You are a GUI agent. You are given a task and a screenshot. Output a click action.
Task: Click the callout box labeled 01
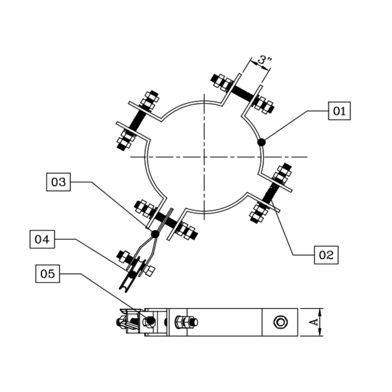(339, 111)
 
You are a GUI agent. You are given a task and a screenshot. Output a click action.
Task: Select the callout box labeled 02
(326, 255)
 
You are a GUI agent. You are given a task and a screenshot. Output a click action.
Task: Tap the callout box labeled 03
(58, 182)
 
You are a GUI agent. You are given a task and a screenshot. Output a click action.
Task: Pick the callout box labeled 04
(42, 239)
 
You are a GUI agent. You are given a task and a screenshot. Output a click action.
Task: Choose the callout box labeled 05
(48, 274)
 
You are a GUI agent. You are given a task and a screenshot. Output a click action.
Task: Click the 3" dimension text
(264, 60)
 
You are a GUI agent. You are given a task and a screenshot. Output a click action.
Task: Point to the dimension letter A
(314, 322)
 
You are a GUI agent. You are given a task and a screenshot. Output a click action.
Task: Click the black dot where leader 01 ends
(261, 142)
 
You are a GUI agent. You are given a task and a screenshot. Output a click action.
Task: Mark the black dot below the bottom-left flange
(155, 234)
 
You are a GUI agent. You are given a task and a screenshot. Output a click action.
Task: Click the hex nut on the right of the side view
(281, 322)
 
